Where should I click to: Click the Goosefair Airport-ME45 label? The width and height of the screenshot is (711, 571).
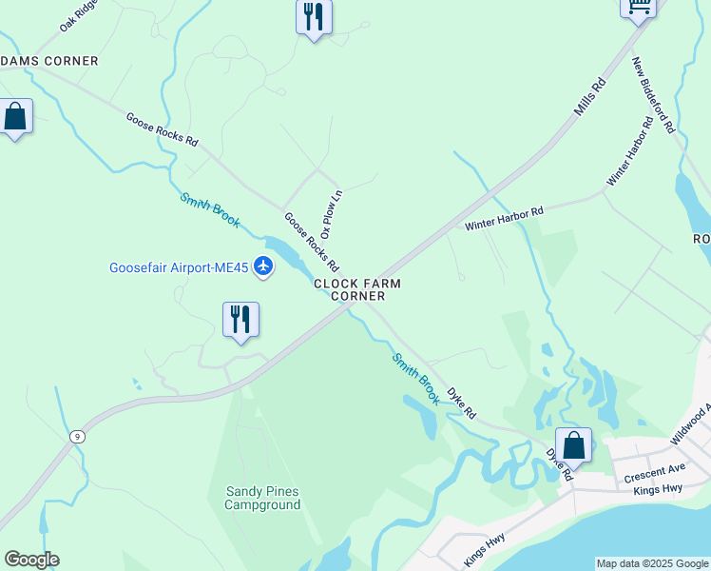click(181, 267)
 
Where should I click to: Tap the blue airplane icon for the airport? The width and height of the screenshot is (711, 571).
click(264, 267)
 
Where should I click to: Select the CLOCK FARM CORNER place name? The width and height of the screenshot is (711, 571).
click(357, 289)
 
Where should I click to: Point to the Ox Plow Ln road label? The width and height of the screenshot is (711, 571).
click(331, 214)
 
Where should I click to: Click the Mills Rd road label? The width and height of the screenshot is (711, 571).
click(589, 98)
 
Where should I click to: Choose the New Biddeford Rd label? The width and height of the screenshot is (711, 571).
click(654, 94)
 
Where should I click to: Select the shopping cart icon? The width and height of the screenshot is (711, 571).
click(639, 8)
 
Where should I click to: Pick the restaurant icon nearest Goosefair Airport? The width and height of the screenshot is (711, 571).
click(240, 319)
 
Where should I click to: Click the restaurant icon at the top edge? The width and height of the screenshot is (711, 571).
click(314, 17)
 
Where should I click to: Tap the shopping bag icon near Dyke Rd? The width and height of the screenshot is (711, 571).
click(573, 445)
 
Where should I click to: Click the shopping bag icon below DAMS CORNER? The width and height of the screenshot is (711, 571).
click(15, 117)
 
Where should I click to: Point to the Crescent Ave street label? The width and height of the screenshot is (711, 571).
click(655, 472)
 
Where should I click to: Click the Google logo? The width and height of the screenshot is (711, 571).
click(31, 560)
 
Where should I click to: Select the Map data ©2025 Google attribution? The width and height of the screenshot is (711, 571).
click(652, 563)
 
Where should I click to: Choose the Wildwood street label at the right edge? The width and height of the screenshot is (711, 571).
click(691, 423)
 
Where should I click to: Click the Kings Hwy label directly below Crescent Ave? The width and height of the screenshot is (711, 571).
click(659, 488)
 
